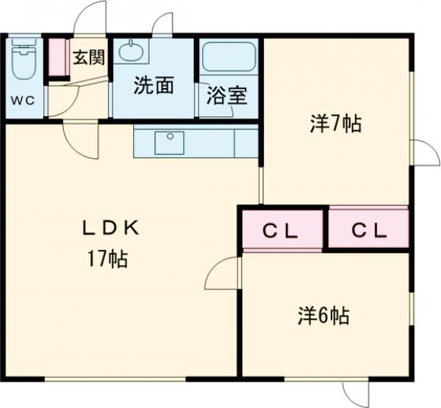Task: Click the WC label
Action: tap(23, 100)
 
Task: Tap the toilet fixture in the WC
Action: tap(24, 59)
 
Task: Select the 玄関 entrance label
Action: tap(89, 57)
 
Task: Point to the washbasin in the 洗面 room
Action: tap(131, 51)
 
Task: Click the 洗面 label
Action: tap(154, 85)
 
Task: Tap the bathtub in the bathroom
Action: tap(229, 57)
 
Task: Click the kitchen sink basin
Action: tap(170, 143)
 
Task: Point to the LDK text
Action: tap(110, 228)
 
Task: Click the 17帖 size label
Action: tap(108, 259)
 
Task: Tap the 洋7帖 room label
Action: tap(336, 124)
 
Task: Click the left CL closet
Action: tap(282, 229)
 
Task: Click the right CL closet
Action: tap(368, 229)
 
